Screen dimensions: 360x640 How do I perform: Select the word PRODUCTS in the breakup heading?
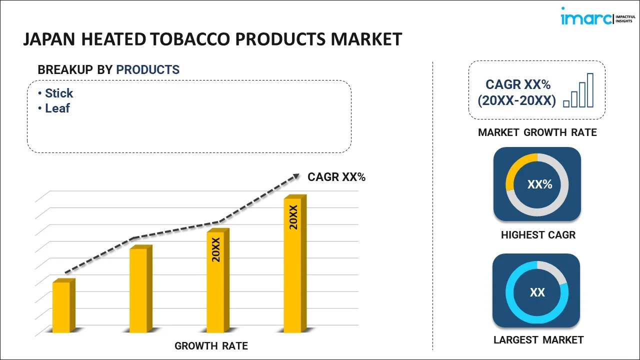(147, 70)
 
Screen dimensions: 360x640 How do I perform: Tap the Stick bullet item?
(58, 93)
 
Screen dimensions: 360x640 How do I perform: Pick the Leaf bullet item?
(57, 108)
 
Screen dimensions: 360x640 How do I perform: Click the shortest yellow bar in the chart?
(62, 307)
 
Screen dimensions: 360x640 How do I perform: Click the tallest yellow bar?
(293, 265)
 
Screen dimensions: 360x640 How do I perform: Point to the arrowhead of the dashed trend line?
(296, 176)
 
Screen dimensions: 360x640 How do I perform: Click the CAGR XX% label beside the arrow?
(336, 177)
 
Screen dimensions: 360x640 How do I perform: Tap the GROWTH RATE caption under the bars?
(211, 346)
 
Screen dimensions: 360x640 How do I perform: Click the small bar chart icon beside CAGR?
(578, 91)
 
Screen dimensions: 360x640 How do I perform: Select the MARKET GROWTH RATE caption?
(537, 132)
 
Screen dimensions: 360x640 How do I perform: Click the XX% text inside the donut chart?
(539, 184)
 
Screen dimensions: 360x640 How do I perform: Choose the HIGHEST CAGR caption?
(538, 235)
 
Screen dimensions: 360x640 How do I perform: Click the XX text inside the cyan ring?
(537, 292)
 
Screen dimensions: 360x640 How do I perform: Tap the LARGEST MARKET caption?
(538, 340)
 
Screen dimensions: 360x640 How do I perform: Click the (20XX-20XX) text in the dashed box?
(516, 100)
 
